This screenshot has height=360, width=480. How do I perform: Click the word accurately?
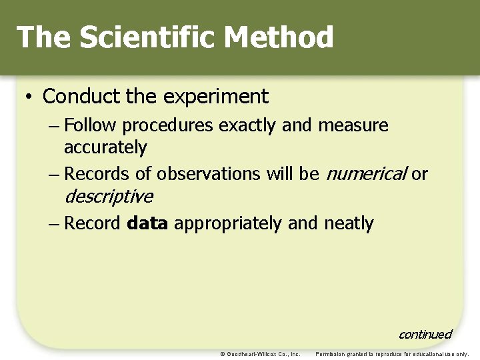click(x=105, y=147)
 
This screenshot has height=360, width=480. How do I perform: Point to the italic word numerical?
click(x=365, y=175)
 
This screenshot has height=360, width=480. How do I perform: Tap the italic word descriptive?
click(x=108, y=197)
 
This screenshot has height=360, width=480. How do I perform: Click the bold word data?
click(x=147, y=223)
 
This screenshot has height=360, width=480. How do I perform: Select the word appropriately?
click(x=229, y=224)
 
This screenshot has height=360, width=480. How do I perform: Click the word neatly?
click(x=349, y=223)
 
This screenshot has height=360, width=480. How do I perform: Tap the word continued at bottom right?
click(x=425, y=334)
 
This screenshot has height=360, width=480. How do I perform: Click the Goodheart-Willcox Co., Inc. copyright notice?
click(x=260, y=354)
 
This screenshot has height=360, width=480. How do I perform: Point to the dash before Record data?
click(x=54, y=224)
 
